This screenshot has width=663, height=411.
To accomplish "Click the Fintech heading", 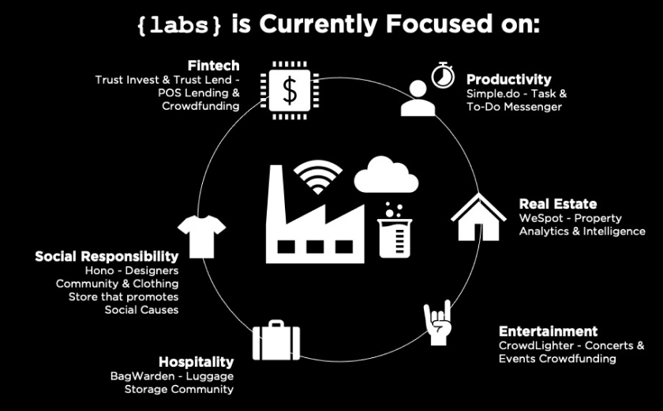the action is (x=214, y=66).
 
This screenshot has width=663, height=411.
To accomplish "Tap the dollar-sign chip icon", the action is (x=290, y=91).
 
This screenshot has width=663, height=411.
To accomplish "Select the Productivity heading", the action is (x=508, y=80).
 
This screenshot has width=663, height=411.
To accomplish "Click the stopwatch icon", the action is (x=443, y=75).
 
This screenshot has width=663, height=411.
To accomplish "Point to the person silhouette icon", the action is (x=418, y=98).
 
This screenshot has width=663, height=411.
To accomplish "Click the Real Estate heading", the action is (x=558, y=204).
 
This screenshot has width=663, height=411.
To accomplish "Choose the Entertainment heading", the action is (x=548, y=331).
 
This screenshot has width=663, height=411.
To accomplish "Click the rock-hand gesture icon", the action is (x=438, y=322).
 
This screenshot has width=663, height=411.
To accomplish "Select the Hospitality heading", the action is (x=197, y=362).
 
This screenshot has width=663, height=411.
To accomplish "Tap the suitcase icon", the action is (x=276, y=340).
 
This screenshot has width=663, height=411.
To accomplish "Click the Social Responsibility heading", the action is (x=107, y=257).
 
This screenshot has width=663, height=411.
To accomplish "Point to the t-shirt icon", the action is (x=202, y=236).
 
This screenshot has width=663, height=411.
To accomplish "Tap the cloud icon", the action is (x=386, y=175).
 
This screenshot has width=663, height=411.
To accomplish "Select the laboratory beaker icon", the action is (x=395, y=230).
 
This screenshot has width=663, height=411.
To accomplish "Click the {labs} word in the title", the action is (x=179, y=25).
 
